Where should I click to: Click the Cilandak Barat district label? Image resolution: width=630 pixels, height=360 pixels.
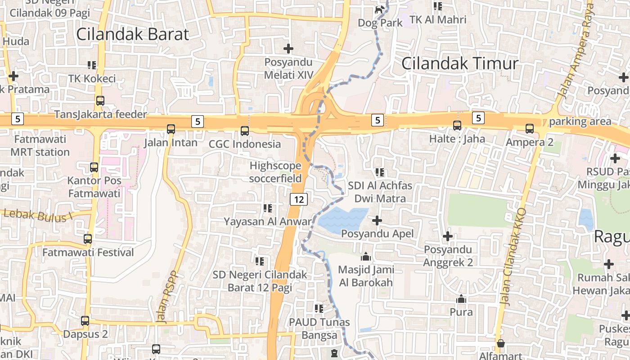[133, 34]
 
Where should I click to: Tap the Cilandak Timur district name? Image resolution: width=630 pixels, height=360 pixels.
[459, 63]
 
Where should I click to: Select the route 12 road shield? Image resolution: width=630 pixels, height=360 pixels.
[299, 198]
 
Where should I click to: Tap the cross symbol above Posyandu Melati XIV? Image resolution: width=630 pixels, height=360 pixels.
[288, 48]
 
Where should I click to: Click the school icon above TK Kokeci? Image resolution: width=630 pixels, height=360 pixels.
[92, 65]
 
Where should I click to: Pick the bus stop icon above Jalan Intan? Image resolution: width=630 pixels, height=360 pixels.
[171, 129]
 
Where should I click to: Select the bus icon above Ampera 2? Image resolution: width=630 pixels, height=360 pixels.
[530, 129]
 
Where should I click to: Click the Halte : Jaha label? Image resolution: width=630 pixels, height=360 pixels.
[457, 139]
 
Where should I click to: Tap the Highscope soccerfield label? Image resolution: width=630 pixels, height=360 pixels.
[275, 172]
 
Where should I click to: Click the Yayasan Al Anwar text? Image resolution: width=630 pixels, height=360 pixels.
[268, 221]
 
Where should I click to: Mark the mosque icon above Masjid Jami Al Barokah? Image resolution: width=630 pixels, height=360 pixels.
[366, 257]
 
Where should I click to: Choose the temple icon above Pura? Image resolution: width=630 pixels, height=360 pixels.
[461, 299]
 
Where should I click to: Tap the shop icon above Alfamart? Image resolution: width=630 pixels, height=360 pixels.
[500, 344]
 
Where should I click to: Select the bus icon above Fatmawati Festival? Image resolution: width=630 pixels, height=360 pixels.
[88, 239]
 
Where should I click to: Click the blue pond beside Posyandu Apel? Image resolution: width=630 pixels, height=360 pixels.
[342, 220]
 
